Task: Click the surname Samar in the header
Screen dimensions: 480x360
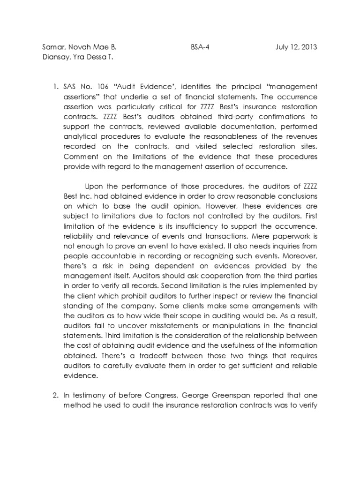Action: coord(52,47)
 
